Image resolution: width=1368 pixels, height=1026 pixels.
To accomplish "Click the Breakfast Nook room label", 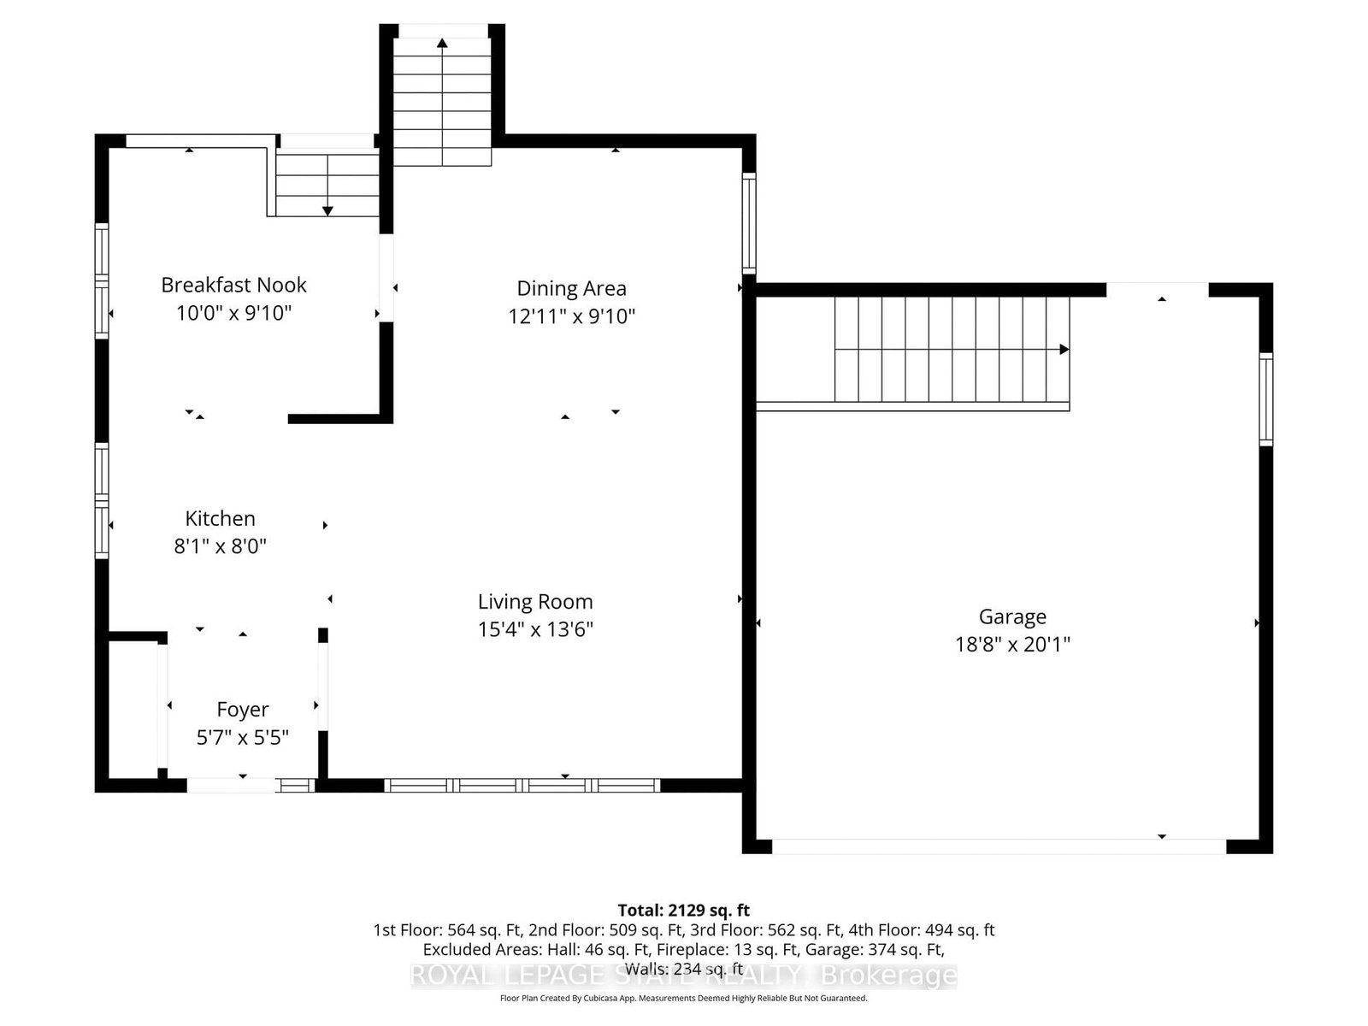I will point(233,285).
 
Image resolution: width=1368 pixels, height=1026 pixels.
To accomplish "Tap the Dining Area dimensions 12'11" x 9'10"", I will point(571,316).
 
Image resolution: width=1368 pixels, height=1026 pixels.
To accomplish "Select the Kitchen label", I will point(220,518).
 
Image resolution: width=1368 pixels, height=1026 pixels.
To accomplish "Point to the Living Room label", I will point(535,602).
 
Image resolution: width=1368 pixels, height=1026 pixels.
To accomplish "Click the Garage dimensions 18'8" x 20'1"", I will point(1012,644).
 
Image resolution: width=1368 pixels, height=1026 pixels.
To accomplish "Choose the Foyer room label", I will point(243,710).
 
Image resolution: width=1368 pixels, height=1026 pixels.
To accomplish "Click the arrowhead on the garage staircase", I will point(1064,349).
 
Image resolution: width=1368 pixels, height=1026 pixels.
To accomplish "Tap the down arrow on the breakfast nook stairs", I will point(327,210).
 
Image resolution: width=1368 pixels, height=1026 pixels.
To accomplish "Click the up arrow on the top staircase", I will point(442,43).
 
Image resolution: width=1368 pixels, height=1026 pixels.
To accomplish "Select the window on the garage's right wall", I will point(1266,398).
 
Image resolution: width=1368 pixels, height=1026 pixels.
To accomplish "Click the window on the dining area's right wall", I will point(749,222).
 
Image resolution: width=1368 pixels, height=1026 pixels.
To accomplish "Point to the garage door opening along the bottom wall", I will point(999,846).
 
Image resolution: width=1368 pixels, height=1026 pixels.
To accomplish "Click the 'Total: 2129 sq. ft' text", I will point(683,910).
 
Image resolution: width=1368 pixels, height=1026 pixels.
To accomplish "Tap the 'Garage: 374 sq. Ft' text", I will point(897,949).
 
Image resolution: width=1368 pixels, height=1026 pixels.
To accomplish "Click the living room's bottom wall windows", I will point(522,785).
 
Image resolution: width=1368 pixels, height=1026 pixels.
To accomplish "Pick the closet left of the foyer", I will point(133,708).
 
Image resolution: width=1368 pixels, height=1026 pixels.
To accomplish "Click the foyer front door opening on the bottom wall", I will point(231,785).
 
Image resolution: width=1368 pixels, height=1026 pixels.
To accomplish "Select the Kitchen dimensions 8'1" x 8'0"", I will point(220,545).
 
